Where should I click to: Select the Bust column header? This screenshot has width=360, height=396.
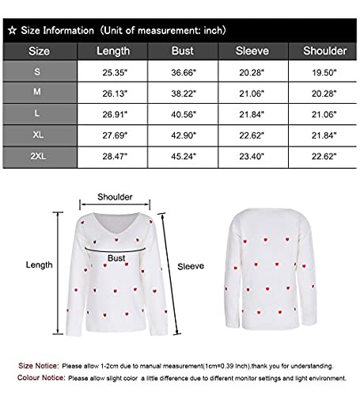tap(183, 51)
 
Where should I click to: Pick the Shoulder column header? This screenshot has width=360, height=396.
tap(324, 51)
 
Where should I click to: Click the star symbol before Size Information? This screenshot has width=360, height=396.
tap(11, 30)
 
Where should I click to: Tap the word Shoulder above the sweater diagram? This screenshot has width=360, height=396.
tap(115, 197)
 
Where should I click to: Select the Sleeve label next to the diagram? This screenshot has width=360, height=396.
tap(191, 267)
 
